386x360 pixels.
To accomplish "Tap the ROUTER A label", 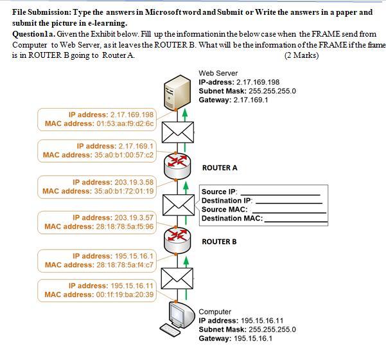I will [220, 168].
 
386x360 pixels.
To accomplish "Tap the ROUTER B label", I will [219, 242].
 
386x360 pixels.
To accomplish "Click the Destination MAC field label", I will [232, 219].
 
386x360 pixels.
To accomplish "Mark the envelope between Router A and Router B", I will [177, 205].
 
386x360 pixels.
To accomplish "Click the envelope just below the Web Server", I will [177, 131].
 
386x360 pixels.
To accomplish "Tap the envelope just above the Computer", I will [177, 279].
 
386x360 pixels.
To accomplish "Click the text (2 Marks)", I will [301, 55].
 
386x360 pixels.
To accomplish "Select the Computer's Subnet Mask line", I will [247, 329].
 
